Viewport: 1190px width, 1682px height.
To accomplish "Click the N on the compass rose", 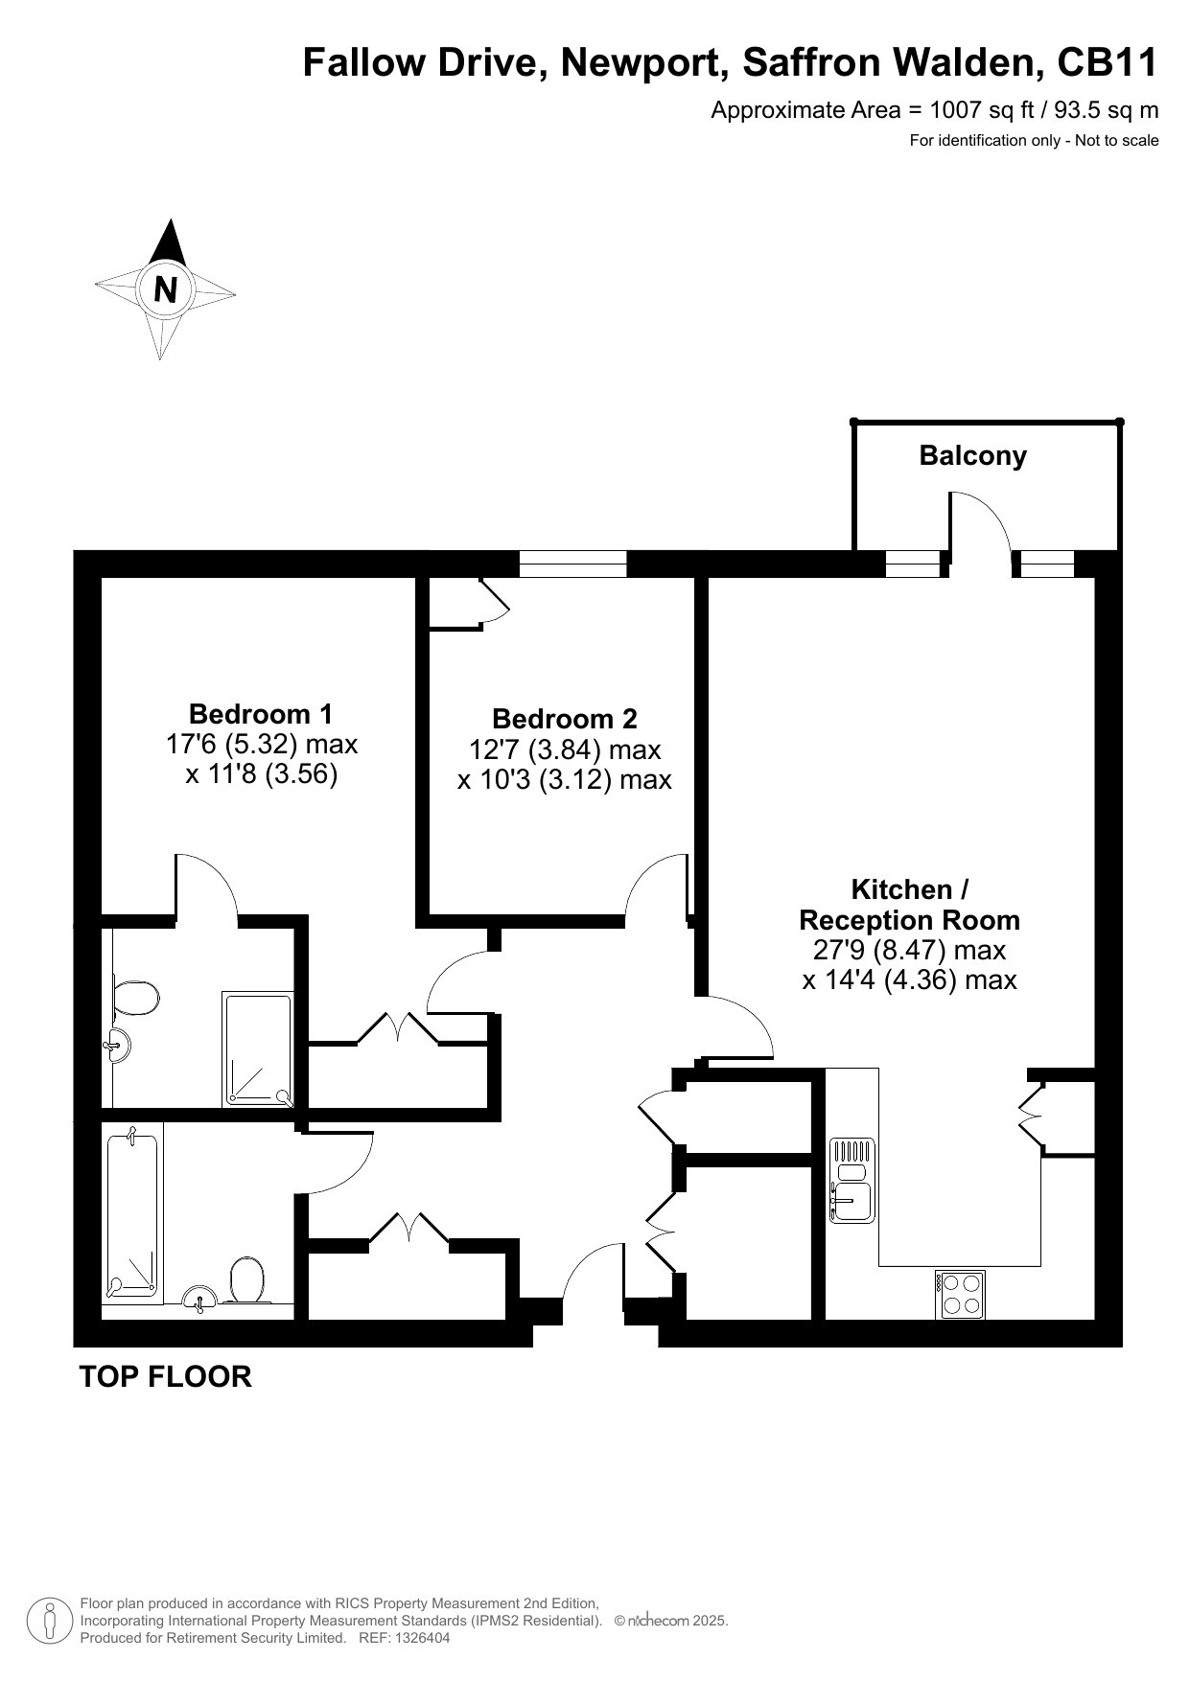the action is [x=166, y=288].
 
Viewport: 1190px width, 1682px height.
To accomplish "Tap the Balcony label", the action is [x=972, y=455].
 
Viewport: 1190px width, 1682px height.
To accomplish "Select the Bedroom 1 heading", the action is [x=261, y=714].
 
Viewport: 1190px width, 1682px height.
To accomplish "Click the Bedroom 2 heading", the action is [x=564, y=719].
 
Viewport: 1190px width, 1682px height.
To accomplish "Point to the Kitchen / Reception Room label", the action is [x=909, y=905].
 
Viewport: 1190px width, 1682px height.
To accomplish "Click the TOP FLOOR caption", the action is [x=165, y=1376].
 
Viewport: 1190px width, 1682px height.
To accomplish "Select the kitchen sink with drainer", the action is [x=852, y=1180].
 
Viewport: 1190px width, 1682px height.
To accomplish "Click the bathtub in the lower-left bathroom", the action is [x=130, y=1216].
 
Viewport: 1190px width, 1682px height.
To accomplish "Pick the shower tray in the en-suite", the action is [x=258, y=1049].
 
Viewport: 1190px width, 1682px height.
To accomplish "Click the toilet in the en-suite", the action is [x=133, y=999].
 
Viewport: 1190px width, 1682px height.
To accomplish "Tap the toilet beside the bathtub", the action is [x=246, y=1280].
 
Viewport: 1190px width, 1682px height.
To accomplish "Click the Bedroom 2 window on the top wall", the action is [x=572, y=564].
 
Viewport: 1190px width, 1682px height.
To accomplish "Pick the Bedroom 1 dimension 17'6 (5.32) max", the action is [x=262, y=744].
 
